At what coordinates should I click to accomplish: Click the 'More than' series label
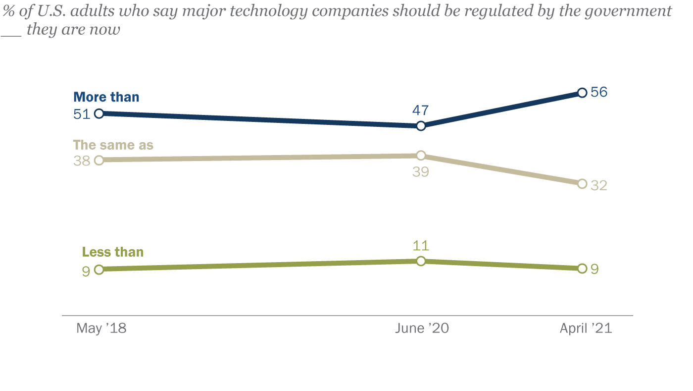click(106, 97)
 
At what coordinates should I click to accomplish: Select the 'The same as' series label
click(113, 145)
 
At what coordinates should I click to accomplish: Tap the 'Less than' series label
click(113, 252)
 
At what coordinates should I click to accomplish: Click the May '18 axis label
click(101, 329)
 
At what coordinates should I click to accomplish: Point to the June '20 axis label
click(422, 329)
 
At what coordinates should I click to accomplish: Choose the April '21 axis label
click(586, 329)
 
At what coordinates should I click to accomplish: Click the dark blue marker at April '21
click(582, 93)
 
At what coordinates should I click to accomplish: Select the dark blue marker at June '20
click(421, 126)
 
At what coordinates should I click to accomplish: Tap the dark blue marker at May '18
click(99, 113)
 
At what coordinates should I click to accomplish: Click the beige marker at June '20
click(421, 156)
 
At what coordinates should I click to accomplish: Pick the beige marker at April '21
click(582, 184)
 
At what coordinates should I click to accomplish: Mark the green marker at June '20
click(421, 261)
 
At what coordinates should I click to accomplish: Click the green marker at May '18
click(99, 270)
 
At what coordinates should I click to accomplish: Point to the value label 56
click(599, 92)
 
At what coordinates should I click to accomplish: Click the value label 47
click(420, 111)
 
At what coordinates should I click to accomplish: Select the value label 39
click(421, 171)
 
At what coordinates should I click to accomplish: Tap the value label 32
click(599, 185)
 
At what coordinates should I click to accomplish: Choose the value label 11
click(421, 246)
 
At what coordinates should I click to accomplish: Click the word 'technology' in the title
click(269, 12)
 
